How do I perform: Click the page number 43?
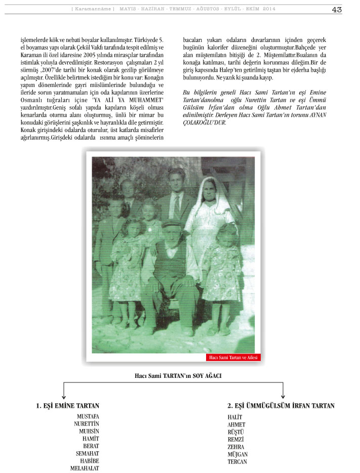(337, 9)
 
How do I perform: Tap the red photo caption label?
(233, 358)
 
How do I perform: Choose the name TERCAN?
(237, 462)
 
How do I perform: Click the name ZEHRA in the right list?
(236, 447)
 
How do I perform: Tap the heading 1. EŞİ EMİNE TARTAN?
(67, 406)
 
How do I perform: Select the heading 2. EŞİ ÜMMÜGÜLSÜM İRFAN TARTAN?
(281, 406)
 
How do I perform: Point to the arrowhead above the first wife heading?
(64, 396)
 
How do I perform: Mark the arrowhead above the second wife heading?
(283, 396)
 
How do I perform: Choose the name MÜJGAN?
(238, 454)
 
